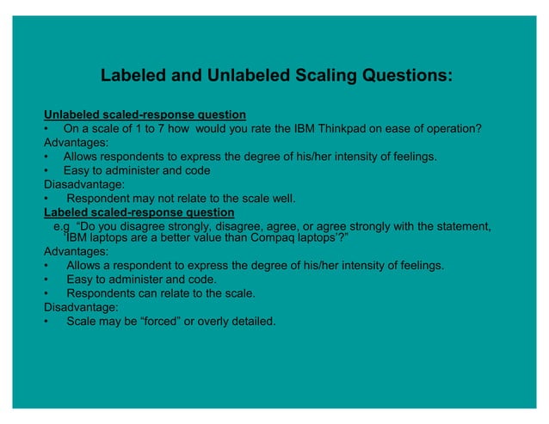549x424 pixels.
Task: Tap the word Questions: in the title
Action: [x=396, y=76]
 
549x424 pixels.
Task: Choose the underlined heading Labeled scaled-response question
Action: [x=139, y=212]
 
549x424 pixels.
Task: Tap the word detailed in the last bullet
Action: [x=253, y=322]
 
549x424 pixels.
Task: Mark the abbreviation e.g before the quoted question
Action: [x=61, y=226]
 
